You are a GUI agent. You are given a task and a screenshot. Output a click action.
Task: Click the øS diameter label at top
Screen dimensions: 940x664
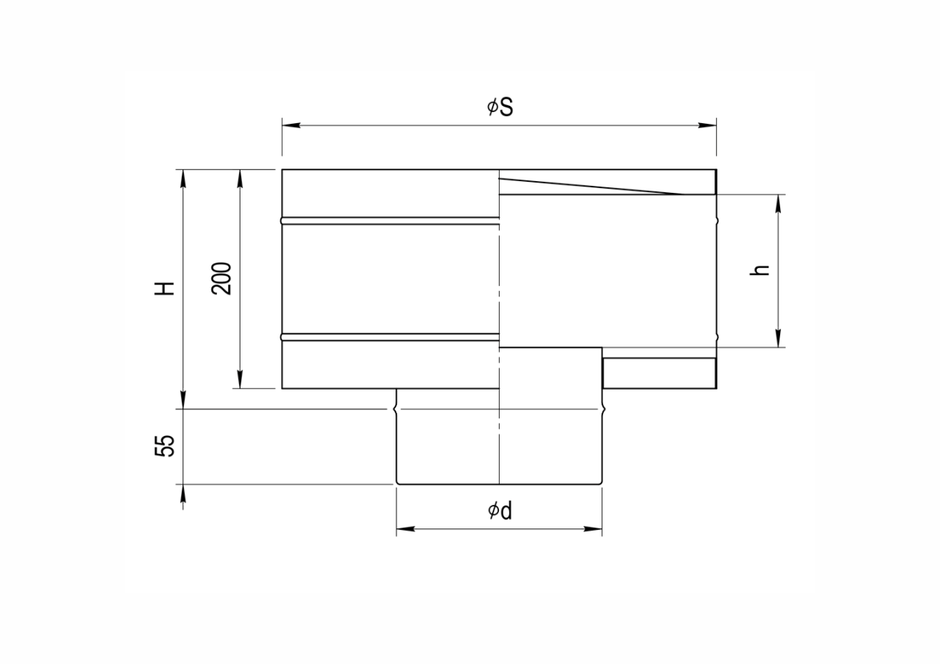[x=500, y=107]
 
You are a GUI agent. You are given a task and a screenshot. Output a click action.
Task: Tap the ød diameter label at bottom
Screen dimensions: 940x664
[x=500, y=510]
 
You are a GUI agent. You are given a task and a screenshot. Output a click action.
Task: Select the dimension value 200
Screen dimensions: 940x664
[x=221, y=278]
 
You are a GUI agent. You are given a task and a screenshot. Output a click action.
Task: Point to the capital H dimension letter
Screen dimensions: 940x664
[x=164, y=288]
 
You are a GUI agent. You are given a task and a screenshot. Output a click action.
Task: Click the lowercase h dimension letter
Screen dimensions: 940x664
[x=760, y=270]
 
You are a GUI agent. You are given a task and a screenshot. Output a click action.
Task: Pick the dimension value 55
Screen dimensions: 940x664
[x=164, y=445]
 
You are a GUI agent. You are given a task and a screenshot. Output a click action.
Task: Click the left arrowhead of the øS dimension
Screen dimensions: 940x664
[x=291, y=125]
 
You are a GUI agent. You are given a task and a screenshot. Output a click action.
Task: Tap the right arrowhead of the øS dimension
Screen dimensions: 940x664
[x=707, y=125]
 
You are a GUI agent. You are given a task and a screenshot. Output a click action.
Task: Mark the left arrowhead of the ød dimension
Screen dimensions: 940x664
[x=406, y=528]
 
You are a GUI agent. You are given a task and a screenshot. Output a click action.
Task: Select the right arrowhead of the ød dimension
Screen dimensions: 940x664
[x=593, y=528]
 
